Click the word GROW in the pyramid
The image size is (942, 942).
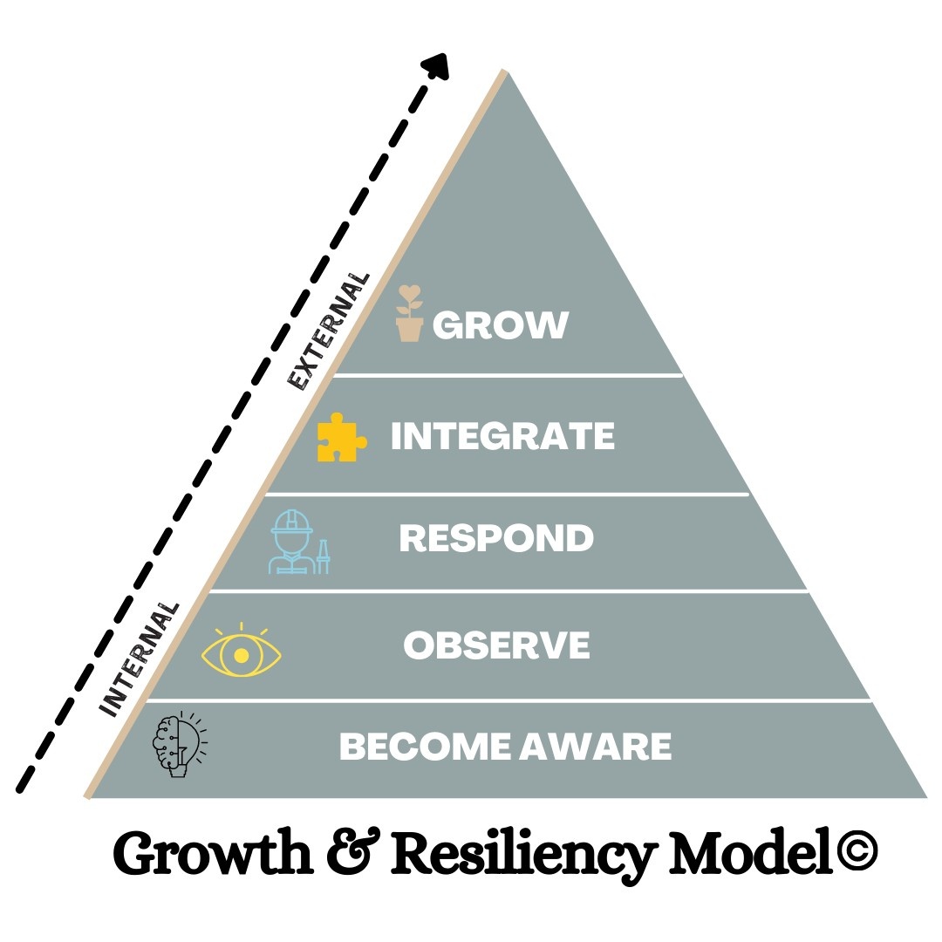pos(501,325)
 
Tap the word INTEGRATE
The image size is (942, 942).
pos(502,436)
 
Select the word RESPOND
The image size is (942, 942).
pos(496,538)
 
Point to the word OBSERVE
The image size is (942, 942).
pos(496,645)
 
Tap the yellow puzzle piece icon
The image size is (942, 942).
pos(341,437)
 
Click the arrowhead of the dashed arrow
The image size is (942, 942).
pos(436,66)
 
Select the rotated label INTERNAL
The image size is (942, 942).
pos(140,659)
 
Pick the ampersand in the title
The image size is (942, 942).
pos(355,854)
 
